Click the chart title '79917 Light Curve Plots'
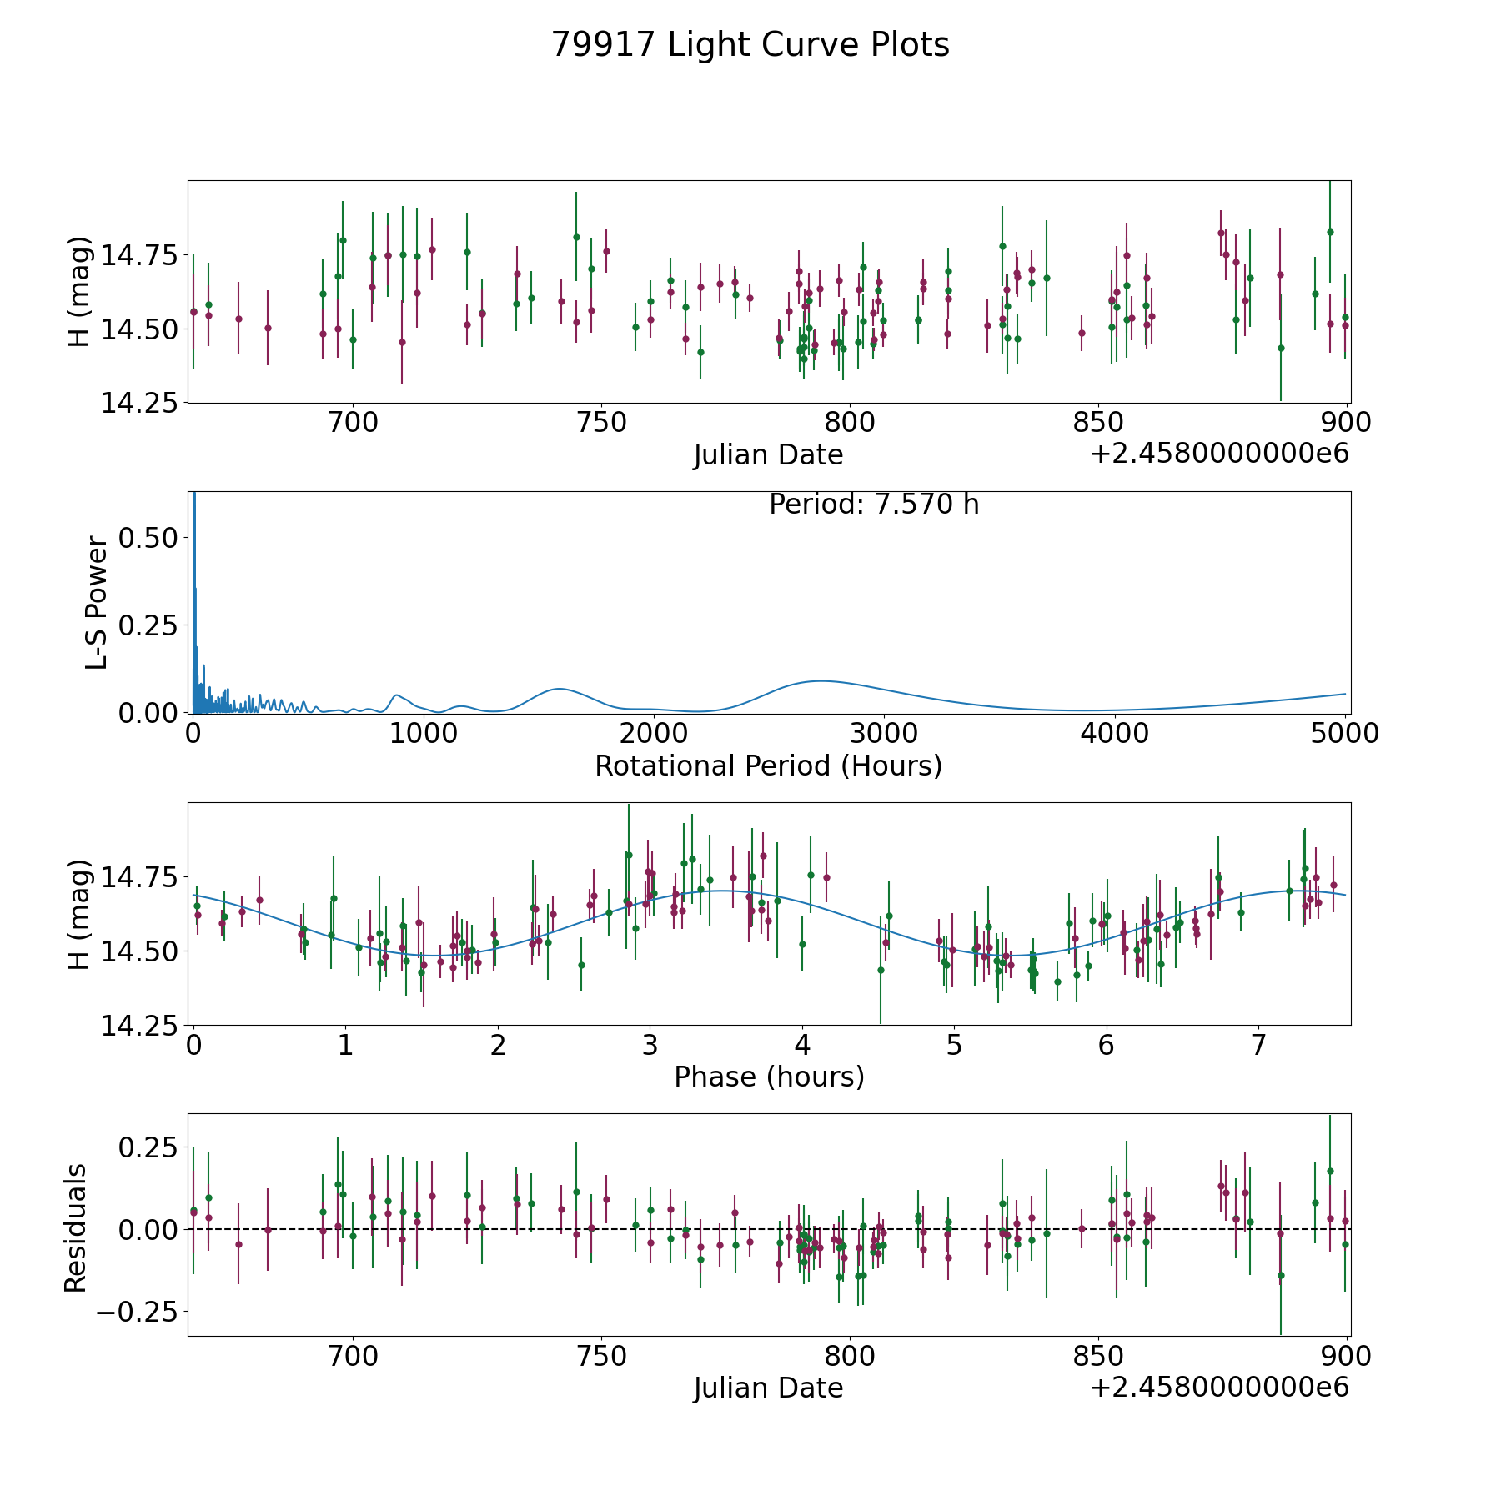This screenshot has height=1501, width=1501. click(x=750, y=45)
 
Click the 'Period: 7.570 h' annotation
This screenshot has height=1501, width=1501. click(x=873, y=505)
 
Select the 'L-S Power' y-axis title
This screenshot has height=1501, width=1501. click(x=97, y=602)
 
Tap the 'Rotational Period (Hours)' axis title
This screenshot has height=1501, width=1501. click(x=768, y=766)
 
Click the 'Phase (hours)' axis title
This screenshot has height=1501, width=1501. click(x=768, y=1077)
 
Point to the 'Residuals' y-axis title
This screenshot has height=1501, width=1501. click(x=76, y=1227)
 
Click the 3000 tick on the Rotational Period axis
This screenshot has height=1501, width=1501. click(x=883, y=734)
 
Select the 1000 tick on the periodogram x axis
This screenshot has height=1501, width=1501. click(x=423, y=734)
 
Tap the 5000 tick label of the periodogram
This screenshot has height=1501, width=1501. click(x=1343, y=734)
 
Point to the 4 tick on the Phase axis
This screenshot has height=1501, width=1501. click(x=801, y=1045)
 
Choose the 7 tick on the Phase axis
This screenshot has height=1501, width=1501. click(x=1258, y=1045)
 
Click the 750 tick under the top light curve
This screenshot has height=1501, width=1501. click(x=601, y=423)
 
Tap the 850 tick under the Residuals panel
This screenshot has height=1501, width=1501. click(x=1097, y=1356)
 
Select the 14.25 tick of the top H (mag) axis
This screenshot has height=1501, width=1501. click(x=139, y=404)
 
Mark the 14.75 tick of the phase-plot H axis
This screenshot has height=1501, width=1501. click(x=139, y=878)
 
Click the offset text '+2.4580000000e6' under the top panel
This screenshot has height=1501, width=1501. click(x=1219, y=454)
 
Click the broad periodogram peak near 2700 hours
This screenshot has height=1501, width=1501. click(x=821, y=681)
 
